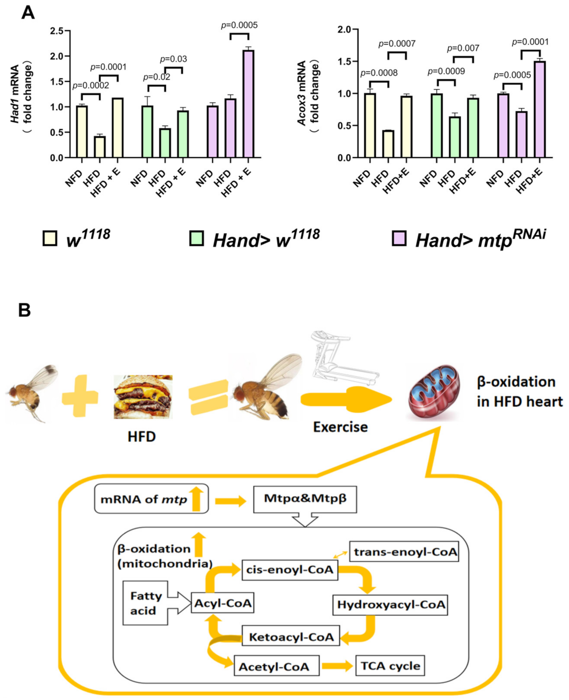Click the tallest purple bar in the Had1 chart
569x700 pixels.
point(248,104)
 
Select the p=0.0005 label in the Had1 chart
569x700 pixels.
point(239,25)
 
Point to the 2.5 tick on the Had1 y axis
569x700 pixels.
point(56,31)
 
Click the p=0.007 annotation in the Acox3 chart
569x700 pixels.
point(463,48)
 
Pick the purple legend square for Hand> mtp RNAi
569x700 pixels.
point(399,238)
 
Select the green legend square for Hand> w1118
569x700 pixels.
point(197,238)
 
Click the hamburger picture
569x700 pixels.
point(143,397)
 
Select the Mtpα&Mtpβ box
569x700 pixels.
point(305,499)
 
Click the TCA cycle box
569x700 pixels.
point(390,666)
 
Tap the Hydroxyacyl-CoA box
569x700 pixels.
point(390,605)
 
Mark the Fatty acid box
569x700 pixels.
point(145,603)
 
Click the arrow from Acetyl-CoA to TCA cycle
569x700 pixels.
point(337,666)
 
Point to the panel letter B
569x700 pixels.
point(25,310)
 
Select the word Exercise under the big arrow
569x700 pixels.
point(340,427)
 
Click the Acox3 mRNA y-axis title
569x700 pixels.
point(308,93)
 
